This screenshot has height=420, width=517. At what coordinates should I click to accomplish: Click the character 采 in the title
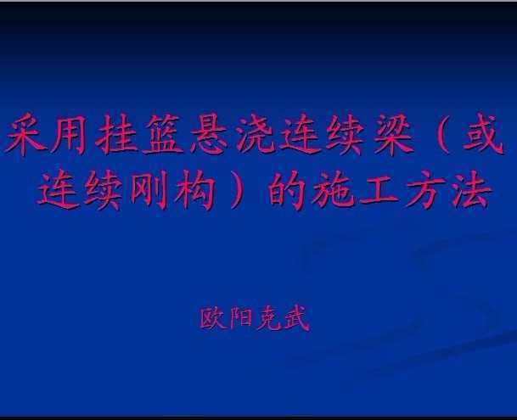click(x=25, y=135)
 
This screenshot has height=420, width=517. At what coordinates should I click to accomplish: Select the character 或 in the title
click(x=483, y=134)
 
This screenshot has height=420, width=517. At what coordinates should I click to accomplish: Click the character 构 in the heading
click(x=194, y=190)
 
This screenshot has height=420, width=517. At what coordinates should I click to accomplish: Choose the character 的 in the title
click(x=286, y=190)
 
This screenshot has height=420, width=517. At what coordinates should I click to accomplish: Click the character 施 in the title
click(x=333, y=190)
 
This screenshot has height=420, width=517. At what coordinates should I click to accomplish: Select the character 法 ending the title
click(x=471, y=190)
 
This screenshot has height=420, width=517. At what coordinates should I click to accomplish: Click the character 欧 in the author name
click(x=213, y=318)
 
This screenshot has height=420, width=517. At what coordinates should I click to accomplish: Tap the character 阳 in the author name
click(x=241, y=318)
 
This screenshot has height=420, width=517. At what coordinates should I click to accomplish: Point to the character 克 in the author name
click(x=269, y=318)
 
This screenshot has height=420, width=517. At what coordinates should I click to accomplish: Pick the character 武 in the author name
click(x=297, y=318)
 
